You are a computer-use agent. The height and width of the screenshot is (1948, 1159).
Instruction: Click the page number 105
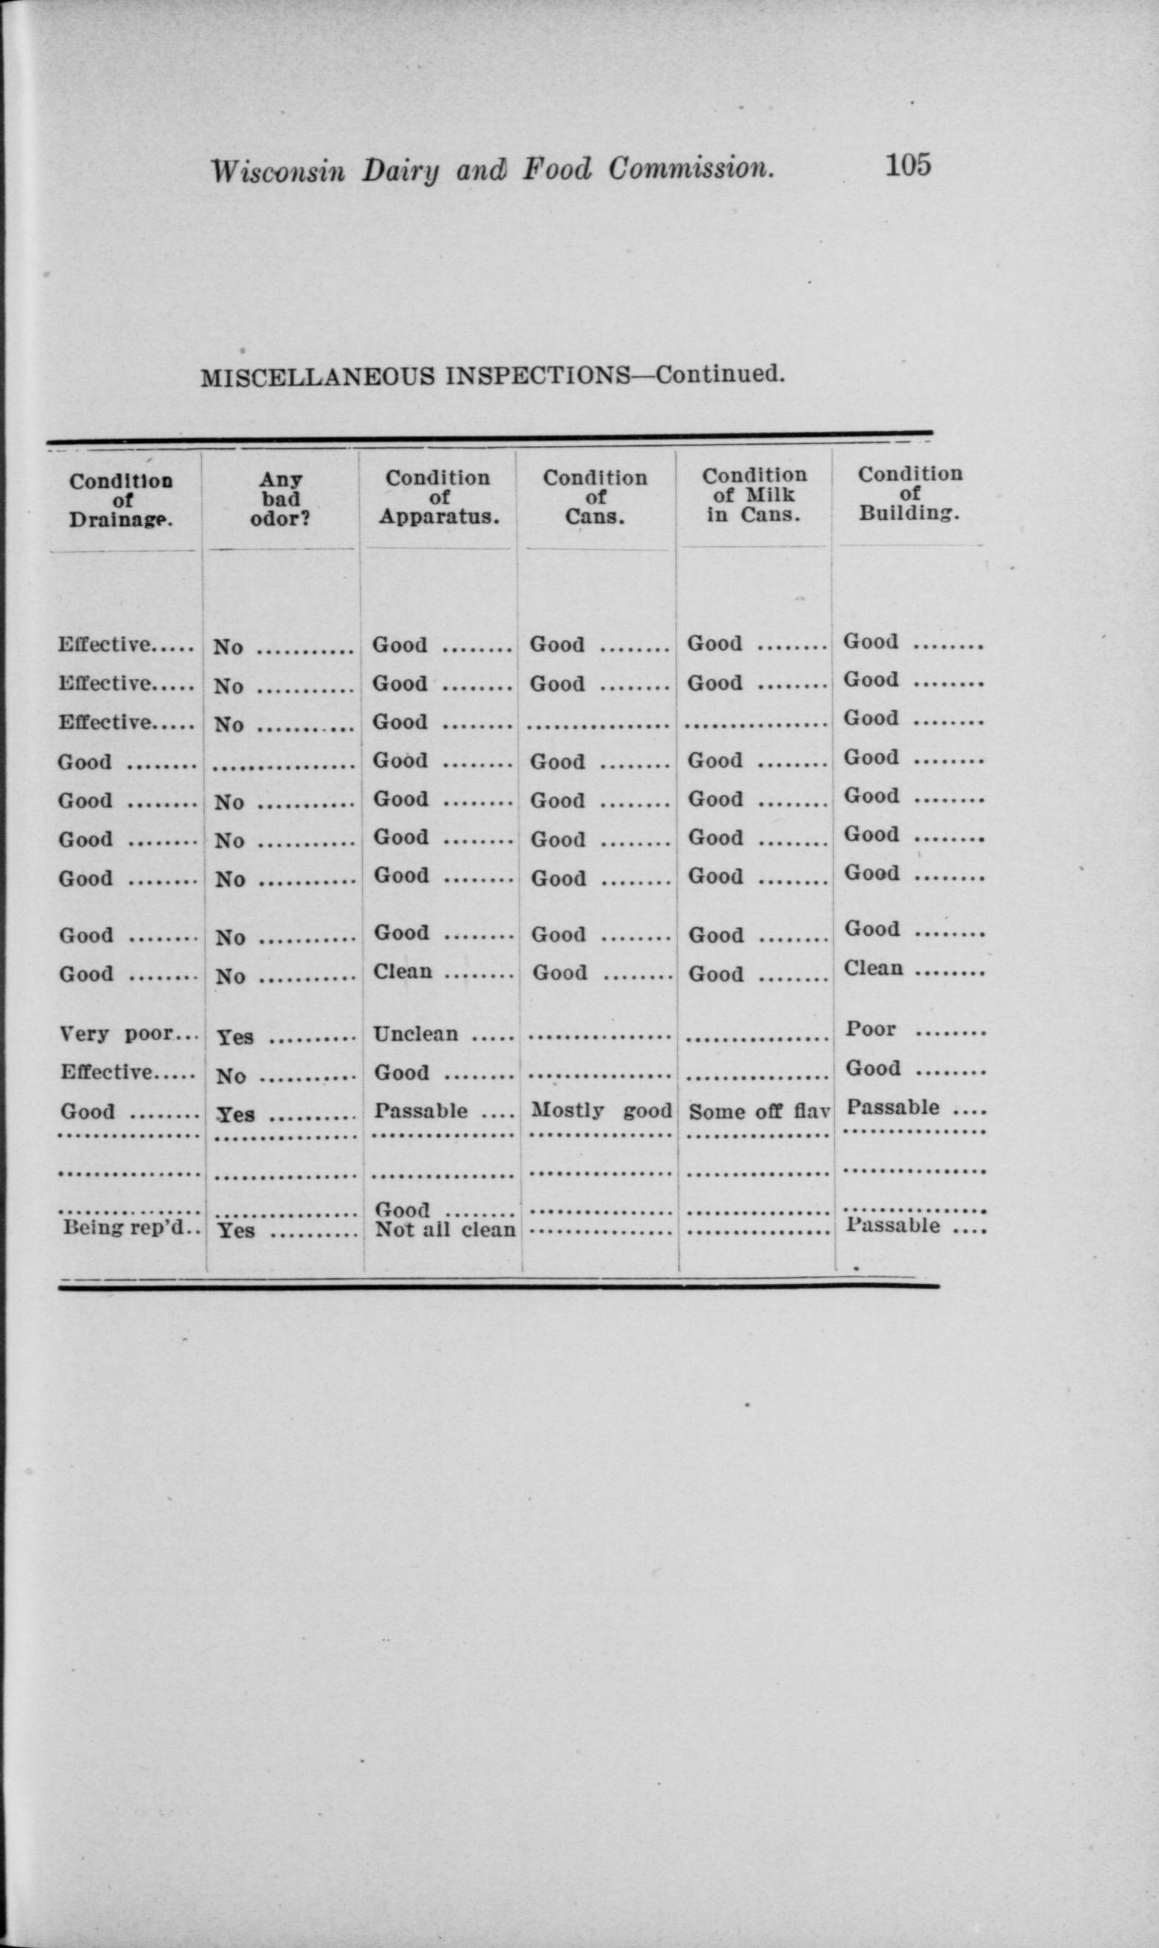[x=907, y=166]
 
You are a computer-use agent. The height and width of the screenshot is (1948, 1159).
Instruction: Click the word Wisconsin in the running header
[x=277, y=170]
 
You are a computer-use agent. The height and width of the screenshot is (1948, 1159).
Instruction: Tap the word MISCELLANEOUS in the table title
[x=318, y=378]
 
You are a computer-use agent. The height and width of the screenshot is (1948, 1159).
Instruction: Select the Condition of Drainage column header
[x=122, y=500]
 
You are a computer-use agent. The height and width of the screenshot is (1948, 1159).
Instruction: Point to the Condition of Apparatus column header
[x=438, y=497]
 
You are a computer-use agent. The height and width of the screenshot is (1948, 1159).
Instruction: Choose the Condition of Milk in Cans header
[x=753, y=494]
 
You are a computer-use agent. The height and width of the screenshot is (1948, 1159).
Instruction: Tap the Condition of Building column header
[x=910, y=493]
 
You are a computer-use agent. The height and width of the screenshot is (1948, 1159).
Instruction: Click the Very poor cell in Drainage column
[x=116, y=1033]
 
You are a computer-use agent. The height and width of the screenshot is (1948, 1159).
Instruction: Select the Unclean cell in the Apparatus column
[x=415, y=1033]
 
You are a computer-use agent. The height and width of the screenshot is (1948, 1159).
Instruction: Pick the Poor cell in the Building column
[x=871, y=1029]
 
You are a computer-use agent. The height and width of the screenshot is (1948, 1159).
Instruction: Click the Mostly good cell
[x=600, y=1110]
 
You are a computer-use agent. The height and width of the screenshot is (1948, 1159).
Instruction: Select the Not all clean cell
[x=445, y=1229]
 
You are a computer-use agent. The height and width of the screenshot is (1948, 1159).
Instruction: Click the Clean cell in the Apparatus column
[x=403, y=971]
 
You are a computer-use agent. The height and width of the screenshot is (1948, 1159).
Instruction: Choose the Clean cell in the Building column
[x=873, y=968]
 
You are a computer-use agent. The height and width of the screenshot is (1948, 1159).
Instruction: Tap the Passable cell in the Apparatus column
[x=421, y=1110]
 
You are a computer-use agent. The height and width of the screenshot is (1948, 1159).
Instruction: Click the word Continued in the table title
[x=719, y=374]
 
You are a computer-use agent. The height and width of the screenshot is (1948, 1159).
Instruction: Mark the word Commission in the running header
[x=692, y=168]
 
